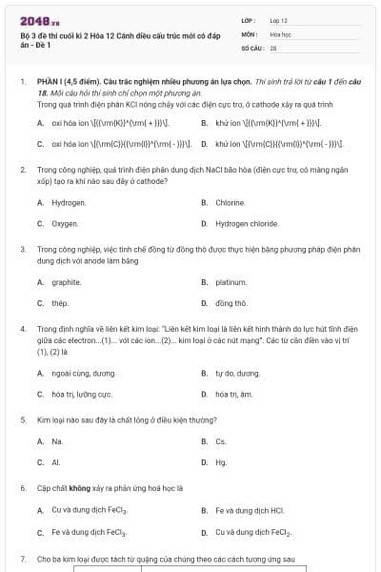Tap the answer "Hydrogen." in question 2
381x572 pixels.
[69, 203]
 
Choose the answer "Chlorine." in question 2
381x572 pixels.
[231, 203]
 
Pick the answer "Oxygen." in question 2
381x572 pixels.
[65, 223]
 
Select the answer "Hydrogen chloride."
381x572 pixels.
[247, 223]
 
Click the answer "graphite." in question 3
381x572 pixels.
[67, 282]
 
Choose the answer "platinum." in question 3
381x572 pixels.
[231, 282]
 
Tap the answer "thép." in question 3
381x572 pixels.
[60, 303]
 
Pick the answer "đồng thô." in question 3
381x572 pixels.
[231, 303]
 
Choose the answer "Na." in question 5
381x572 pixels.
[57, 441]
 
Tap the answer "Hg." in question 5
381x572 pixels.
[221, 462]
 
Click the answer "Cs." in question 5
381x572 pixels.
[221, 441]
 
